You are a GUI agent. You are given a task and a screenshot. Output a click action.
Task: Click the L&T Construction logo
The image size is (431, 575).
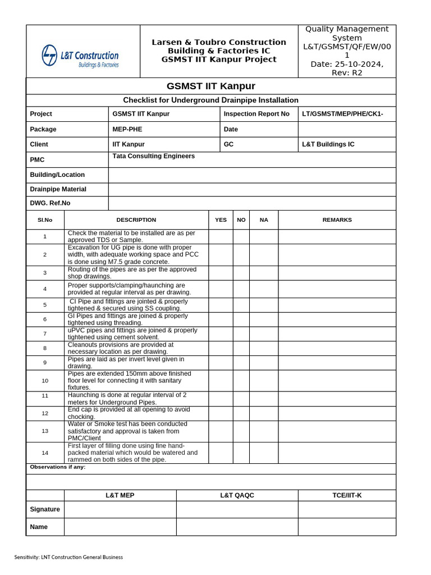click(80, 57)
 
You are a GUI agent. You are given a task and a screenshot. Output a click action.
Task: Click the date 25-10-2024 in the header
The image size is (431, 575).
click(346, 64)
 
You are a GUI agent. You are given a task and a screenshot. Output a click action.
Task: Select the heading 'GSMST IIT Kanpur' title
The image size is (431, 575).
click(211, 86)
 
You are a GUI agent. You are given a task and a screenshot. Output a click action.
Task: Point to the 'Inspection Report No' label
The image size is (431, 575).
click(256, 114)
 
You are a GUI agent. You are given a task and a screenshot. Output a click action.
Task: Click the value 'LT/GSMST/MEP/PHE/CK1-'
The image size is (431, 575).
click(342, 114)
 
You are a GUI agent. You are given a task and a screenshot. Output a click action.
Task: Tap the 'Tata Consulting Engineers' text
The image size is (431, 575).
click(154, 156)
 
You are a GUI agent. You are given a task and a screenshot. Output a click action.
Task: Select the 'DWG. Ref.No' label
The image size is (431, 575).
click(50, 203)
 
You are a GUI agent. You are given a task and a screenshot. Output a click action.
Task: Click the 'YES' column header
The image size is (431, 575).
click(221, 220)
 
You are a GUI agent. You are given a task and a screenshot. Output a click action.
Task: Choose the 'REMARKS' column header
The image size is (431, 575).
click(337, 220)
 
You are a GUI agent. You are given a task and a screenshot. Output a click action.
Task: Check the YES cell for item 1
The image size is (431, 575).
click(221, 236)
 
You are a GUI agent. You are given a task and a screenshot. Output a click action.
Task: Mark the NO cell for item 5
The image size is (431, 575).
click(241, 305)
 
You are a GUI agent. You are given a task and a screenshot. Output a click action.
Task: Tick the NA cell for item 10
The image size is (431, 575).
click(264, 381)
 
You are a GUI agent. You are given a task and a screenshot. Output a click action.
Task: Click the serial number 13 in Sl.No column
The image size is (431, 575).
click(45, 431)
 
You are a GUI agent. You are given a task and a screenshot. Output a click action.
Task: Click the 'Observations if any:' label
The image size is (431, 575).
click(57, 467)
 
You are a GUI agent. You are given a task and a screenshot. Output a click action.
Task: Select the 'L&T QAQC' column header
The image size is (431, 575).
click(237, 495)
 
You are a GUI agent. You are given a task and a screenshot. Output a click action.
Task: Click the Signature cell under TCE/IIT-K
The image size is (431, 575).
click(346, 509)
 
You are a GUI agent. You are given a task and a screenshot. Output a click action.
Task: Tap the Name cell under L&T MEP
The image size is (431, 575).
click(120, 527)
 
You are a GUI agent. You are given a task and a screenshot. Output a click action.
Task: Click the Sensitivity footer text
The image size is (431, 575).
click(68, 557)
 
